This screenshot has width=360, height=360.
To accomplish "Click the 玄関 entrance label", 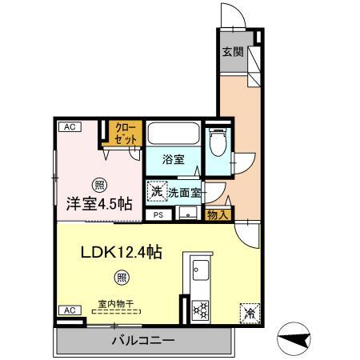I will tap(232, 53).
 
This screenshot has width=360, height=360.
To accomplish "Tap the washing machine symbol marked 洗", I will tap(155, 192).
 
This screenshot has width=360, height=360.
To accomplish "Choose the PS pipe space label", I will tap(158, 214).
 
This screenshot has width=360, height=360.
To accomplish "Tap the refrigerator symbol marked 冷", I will tap(250, 312).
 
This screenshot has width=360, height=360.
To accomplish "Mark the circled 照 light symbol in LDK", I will tap(122, 278).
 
